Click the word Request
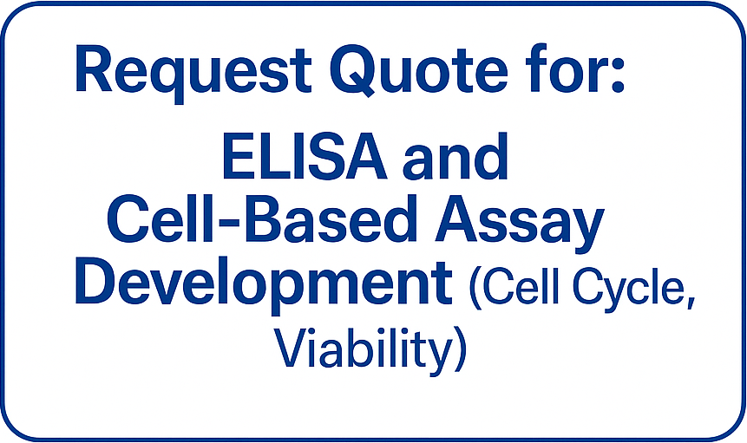(193, 71)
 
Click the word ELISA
(304, 157)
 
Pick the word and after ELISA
(455, 155)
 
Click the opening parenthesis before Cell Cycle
(476, 289)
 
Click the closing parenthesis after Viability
(460, 349)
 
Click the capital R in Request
(95, 69)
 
